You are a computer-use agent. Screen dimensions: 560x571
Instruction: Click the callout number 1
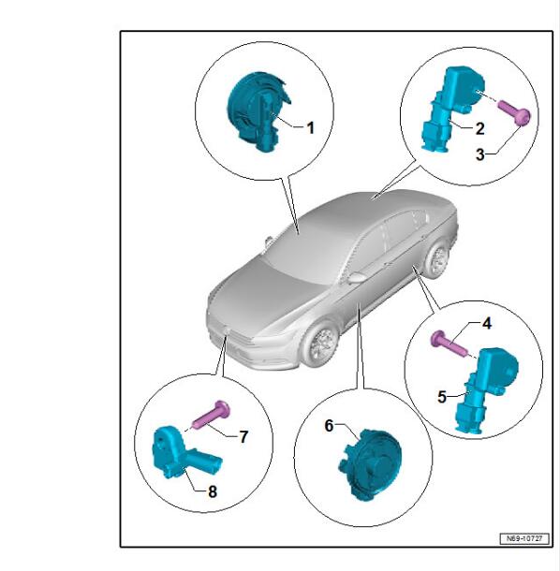coord(310,128)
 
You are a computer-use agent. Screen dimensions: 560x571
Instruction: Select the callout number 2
coord(479,128)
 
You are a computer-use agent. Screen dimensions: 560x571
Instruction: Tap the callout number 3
coord(480,154)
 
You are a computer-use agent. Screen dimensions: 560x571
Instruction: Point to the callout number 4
coord(487,323)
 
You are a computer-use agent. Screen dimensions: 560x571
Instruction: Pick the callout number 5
coord(442,397)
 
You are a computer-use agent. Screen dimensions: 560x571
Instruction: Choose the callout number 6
coord(329,425)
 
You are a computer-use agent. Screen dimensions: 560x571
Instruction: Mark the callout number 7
coord(243,436)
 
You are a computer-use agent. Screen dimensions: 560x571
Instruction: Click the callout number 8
coord(213,491)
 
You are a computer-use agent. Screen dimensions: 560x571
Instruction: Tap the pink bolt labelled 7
coord(212,415)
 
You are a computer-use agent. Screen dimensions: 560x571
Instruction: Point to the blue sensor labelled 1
coord(258,110)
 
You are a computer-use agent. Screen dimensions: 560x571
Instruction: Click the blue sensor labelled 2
coord(452,109)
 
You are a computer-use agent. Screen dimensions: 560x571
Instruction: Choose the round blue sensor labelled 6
coord(370,464)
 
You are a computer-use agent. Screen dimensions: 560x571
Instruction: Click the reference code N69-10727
coord(524,538)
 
